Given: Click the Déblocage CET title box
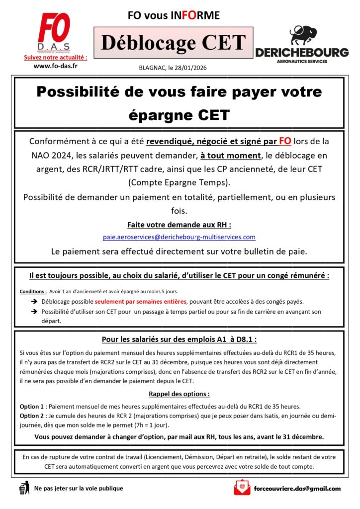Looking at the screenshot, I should click(174, 43).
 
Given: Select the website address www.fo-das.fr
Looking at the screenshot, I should click(55, 66).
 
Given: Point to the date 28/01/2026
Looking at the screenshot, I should click(191, 69).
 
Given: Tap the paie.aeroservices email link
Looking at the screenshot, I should click(179, 237).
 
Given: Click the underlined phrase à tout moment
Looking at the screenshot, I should click(229, 155).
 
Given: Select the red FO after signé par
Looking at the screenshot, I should click(285, 141).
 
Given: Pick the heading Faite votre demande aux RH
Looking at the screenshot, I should click(179, 224).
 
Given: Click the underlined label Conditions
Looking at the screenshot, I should click(33, 291).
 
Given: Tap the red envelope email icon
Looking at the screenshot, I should click(242, 489).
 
